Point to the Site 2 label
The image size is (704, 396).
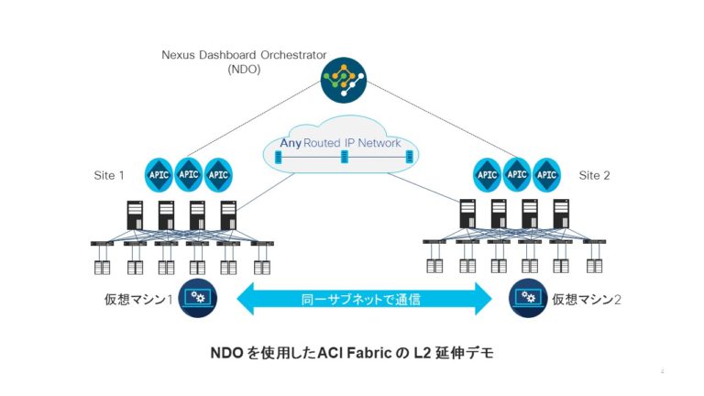[595, 174]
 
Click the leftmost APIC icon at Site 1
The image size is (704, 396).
[159, 173]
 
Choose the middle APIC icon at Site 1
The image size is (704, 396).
[189, 173]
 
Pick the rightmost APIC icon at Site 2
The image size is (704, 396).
[547, 173]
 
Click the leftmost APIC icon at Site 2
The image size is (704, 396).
[487, 173]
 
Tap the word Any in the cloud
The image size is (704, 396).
[291, 143]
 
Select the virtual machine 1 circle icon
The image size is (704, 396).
[197, 297]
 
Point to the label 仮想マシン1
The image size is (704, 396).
[139, 299]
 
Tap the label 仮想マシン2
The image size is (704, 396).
[586, 299]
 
